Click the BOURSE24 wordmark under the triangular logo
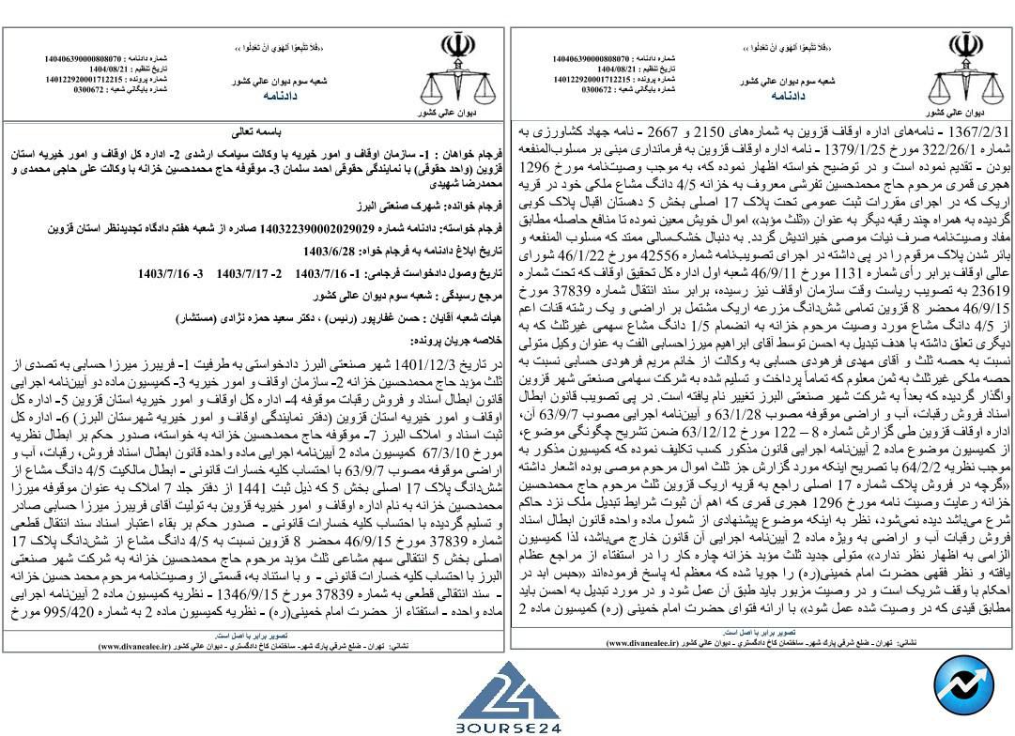pos(507,728)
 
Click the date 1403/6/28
pos(325,252)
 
